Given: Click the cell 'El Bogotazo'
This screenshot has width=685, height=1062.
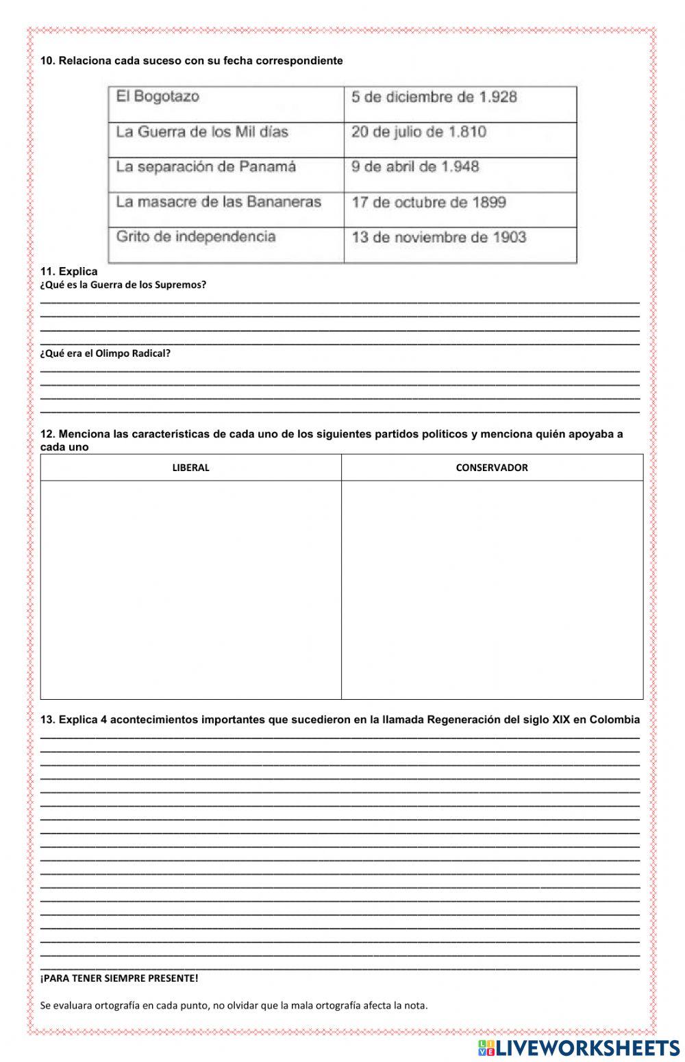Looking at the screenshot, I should [158, 97].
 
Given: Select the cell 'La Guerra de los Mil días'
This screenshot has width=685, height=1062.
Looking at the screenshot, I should [202, 131].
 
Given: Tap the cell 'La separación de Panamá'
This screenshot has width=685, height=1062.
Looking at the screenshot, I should [206, 167].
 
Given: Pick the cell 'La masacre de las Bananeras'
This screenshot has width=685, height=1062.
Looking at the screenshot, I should [219, 202].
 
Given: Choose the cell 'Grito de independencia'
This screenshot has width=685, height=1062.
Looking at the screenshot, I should [196, 237].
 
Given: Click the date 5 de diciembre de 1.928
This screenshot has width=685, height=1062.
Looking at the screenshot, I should [434, 97].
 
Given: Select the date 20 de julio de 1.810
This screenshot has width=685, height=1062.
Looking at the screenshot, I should [419, 131].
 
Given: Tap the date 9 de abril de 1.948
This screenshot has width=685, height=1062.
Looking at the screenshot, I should [415, 167].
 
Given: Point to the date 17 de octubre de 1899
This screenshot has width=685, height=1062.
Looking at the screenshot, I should [429, 203].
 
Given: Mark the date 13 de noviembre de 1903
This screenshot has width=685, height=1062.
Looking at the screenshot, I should [438, 238].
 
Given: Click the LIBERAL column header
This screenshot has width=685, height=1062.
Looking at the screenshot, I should [190, 468].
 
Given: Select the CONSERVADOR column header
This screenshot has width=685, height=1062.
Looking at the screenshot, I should [492, 468].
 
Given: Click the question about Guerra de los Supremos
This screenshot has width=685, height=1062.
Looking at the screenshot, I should [123, 285].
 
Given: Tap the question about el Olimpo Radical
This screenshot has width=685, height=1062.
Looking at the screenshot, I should [105, 353].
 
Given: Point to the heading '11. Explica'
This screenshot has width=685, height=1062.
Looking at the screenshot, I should [68, 271].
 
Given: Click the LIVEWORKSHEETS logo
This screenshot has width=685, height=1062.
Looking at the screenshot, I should [579, 1047].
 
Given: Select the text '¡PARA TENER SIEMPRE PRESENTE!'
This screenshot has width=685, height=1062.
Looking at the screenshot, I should [119, 978].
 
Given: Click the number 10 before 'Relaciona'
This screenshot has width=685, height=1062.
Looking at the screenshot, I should [47, 61].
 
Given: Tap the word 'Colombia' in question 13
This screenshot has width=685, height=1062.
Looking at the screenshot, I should [614, 720].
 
